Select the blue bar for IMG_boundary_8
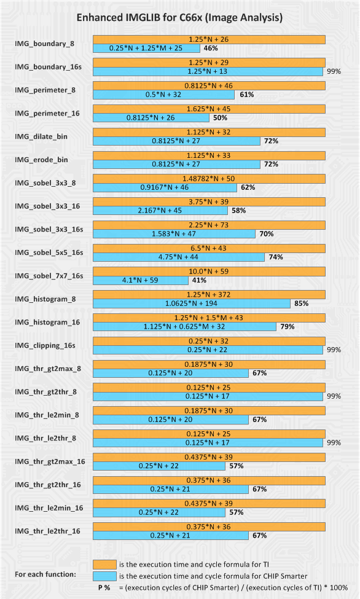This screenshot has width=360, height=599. pyautogui.click(x=146, y=48)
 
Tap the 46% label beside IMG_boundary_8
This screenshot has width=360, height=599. pyautogui.click(x=211, y=48)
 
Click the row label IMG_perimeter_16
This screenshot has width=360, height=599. pyautogui.click(x=47, y=114)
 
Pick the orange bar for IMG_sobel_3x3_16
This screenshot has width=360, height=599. pyautogui.click(x=209, y=202)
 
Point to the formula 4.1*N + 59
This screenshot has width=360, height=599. pyautogui.click(x=140, y=280)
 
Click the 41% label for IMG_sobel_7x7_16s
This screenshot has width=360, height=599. pyautogui.click(x=199, y=280)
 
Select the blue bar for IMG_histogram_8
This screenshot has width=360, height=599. pyautogui.click(x=192, y=303)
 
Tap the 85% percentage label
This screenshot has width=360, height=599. pyautogui.click(x=302, y=303)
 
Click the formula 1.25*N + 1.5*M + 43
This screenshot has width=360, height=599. pyautogui.click(x=209, y=318)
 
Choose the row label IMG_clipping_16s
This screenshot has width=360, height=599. pyautogui.click(x=45, y=346)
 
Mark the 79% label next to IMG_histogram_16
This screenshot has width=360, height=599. pyautogui.click(x=288, y=327)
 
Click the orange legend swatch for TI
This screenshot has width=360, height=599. pyautogui.click(x=104, y=565)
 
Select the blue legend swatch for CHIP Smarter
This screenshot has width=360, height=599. pyautogui.click(x=104, y=576)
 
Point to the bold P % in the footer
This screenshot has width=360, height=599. pyautogui.click(x=104, y=587)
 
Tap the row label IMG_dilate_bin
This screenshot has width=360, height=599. pyautogui.click(x=41, y=137)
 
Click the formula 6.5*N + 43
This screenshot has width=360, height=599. pyautogui.click(x=209, y=248)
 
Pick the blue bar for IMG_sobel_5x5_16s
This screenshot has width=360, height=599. pyautogui.click(x=179, y=257)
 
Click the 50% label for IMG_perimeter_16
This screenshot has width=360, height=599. pyautogui.click(x=220, y=118)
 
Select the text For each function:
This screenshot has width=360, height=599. pyautogui.click(x=45, y=574)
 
